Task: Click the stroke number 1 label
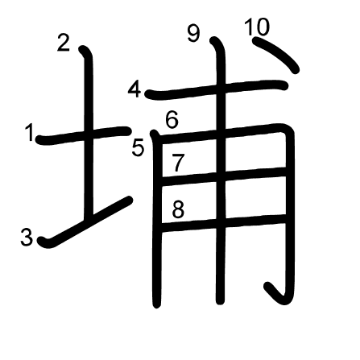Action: (29, 132)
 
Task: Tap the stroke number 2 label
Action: (64, 43)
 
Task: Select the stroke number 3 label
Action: (27, 237)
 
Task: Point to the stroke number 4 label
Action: (134, 89)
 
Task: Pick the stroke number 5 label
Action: (139, 148)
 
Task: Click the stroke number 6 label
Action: (172, 120)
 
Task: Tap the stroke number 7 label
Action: (178, 163)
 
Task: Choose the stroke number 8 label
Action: (178, 209)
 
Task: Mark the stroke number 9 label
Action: (194, 34)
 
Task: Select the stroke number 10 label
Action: (257, 27)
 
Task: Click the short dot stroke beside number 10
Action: (276, 55)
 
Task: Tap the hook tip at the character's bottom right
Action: (268, 286)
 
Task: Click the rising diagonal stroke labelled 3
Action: (85, 222)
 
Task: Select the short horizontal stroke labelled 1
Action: (84, 135)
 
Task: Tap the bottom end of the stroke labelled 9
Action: (221, 301)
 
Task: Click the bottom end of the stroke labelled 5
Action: (157, 304)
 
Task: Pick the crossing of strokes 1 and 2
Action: (89, 134)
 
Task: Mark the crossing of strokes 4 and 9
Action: (221, 89)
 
